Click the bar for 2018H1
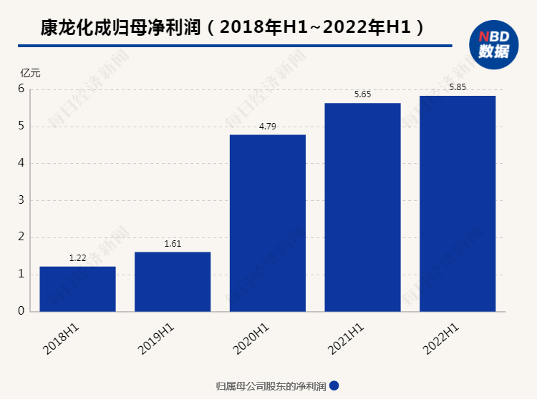pos(77,289)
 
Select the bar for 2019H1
pos(173,282)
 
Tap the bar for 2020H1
pos(267,223)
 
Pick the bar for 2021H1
pos(362,207)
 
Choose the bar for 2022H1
pos(458,204)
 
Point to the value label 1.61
pos(173,244)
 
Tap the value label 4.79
pos(267,127)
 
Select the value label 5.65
pos(362,94)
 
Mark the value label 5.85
pos(458,87)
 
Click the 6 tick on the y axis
pos(21,89)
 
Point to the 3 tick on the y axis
pos(21,200)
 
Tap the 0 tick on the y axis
pos(21,311)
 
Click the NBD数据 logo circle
pos(493,45)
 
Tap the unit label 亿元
pos(31,72)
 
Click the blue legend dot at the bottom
pos(334,386)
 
